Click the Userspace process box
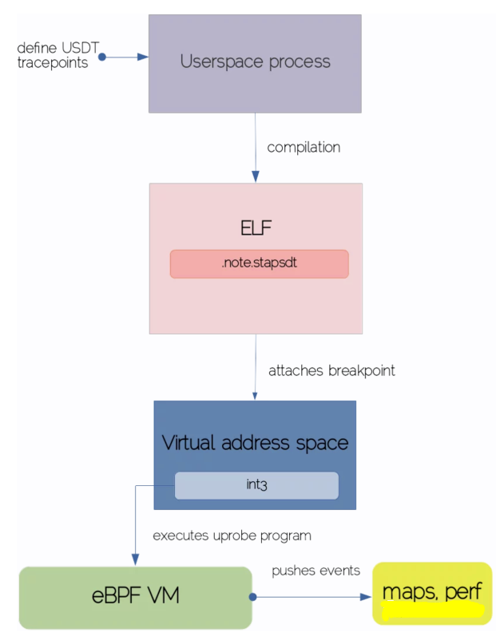click(x=255, y=63)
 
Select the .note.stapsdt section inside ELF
click(x=259, y=263)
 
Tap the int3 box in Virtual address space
click(x=256, y=485)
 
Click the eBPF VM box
click(x=135, y=596)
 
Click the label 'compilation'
click(x=304, y=148)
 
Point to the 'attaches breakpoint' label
click(x=331, y=370)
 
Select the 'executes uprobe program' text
click(x=232, y=535)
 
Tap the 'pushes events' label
click(x=315, y=571)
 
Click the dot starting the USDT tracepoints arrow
click(x=102, y=57)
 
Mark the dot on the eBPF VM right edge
click(x=252, y=596)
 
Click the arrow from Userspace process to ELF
click(x=256, y=148)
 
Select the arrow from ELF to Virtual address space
click(x=256, y=367)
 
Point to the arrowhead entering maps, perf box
click(x=367, y=596)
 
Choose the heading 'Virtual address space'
click(x=255, y=442)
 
